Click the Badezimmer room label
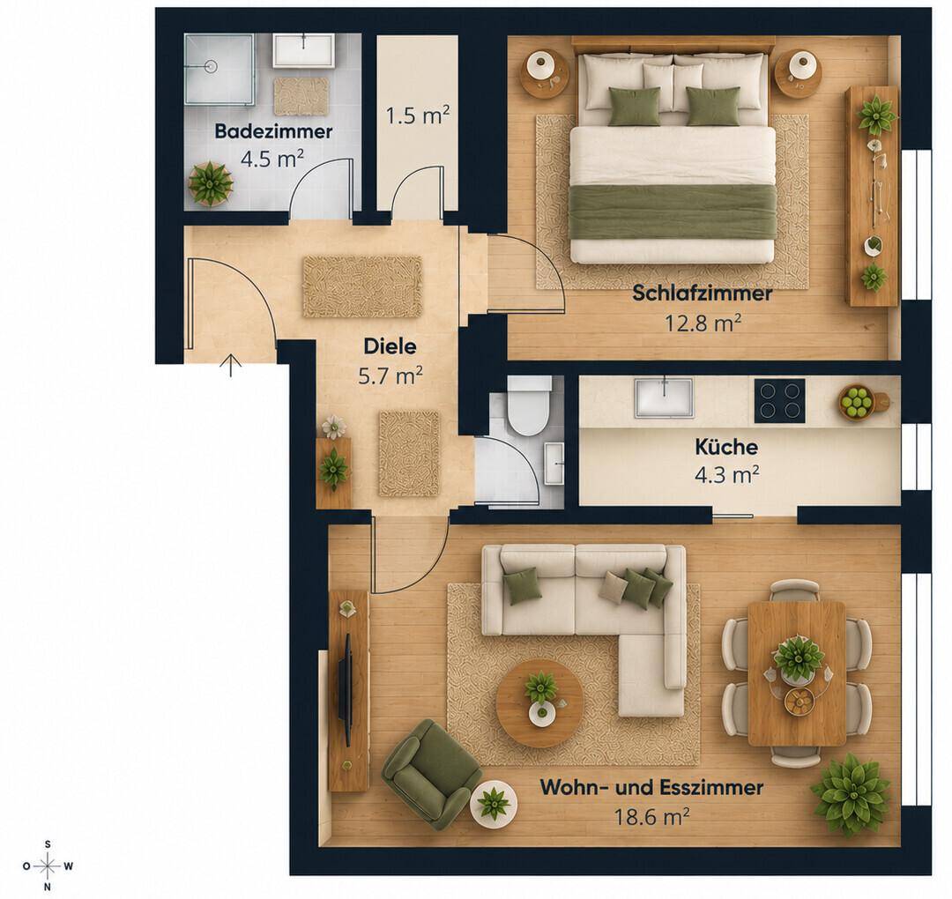point(273,131)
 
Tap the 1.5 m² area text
point(418,115)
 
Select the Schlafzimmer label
point(703,293)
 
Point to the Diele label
point(390,346)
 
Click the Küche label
point(726,448)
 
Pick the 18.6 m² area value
point(651,816)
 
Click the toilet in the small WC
point(530,405)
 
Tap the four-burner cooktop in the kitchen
point(779,401)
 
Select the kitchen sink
point(665,398)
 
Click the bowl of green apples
point(856,402)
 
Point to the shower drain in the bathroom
point(211,66)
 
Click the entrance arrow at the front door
point(231,366)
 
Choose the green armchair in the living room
point(430,774)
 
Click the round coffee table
point(539,703)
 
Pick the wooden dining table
point(797,673)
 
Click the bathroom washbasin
point(303,50)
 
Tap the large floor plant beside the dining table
point(852,795)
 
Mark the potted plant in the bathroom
point(211,183)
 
